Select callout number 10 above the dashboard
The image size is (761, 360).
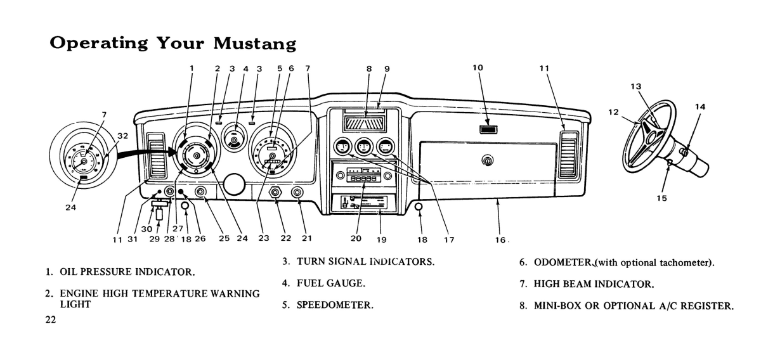[478, 68]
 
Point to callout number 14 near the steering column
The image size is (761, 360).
[699, 107]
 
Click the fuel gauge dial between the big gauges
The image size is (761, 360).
[236, 141]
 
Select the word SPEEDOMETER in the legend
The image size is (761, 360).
[335, 305]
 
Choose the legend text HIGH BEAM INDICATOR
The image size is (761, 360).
[594, 284]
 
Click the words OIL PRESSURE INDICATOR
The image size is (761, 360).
[127, 273]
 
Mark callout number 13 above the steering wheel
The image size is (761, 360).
[653, 87]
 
